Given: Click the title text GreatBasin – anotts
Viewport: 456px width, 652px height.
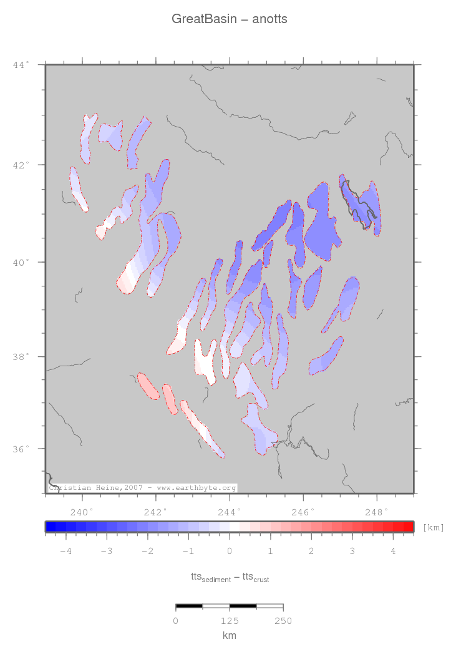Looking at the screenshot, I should [x=229, y=19].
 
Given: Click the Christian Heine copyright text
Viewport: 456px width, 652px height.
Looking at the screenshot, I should [x=142, y=488].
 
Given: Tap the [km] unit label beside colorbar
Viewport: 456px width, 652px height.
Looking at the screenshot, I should [x=434, y=527].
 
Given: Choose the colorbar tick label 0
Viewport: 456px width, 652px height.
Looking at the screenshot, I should [x=230, y=551].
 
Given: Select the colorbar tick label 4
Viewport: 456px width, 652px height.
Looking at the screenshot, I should [x=393, y=551].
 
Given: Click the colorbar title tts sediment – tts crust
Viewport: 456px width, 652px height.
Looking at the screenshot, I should [x=230, y=578].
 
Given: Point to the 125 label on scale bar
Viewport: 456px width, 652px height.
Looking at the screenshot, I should [x=230, y=621].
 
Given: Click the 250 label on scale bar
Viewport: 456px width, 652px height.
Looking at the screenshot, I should [x=283, y=621].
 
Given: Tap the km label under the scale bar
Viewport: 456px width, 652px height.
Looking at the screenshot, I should [x=230, y=636].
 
